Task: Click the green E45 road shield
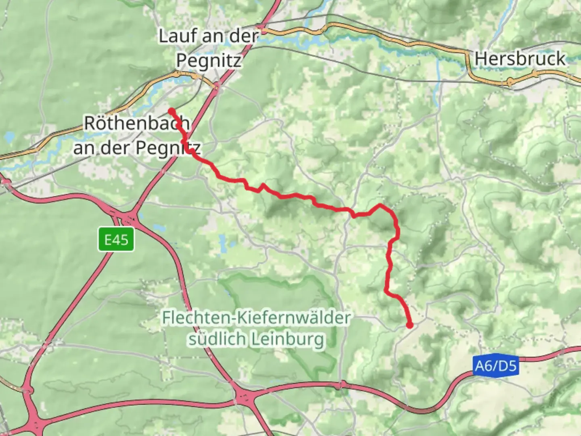pos(116,240)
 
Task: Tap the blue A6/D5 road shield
pos(495,366)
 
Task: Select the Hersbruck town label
pos(520,59)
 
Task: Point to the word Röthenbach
pos(136,123)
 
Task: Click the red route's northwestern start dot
pos(171,111)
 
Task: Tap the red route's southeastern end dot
pos(410,325)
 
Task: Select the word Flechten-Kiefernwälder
pos(256,318)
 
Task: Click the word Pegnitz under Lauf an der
pos(209,61)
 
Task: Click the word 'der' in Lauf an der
pos(244,36)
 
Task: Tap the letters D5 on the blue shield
pos(507,366)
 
